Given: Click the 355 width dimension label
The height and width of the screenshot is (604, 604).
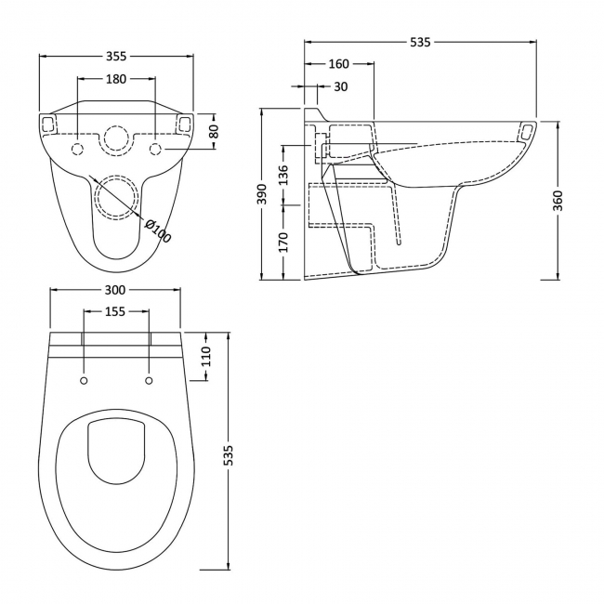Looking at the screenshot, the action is (x=116, y=57).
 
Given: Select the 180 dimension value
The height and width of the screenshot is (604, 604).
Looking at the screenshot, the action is (x=116, y=79).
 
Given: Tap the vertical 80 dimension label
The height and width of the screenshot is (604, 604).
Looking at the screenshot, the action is (x=215, y=131).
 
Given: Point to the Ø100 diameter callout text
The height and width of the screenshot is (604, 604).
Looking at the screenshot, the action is (x=157, y=231).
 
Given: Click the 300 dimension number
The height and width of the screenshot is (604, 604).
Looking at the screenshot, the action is (x=115, y=290).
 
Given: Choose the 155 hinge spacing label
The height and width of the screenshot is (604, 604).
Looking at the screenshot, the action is (x=115, y=311).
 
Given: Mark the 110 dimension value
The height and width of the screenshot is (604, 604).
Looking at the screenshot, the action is (x=206, y=356).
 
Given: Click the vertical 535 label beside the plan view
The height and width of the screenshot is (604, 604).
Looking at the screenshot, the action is (x=229, y=455).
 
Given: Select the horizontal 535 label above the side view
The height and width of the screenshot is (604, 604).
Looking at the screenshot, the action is (x=420, y=43).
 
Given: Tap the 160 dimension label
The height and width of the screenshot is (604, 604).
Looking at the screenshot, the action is (x=338, y=64).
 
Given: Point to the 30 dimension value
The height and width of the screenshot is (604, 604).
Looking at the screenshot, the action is (x=340, y=86).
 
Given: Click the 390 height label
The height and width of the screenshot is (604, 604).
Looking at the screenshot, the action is (x=261, y=194).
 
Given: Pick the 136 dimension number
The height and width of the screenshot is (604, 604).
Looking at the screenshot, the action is (x=283, y=175).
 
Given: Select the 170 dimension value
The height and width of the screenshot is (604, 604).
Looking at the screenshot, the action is (x=283, y=242).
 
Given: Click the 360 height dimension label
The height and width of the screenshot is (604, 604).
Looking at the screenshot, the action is (x=558, y=201).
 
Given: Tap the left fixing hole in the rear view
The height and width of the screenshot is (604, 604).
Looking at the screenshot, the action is (x=78, y=149).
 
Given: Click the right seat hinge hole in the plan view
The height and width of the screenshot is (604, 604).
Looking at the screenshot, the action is (x=149, y=381).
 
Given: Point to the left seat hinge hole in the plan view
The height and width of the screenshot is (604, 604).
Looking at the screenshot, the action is (x=84, y=381).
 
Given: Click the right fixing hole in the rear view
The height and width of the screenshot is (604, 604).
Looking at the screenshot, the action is (x=155, y=149).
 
